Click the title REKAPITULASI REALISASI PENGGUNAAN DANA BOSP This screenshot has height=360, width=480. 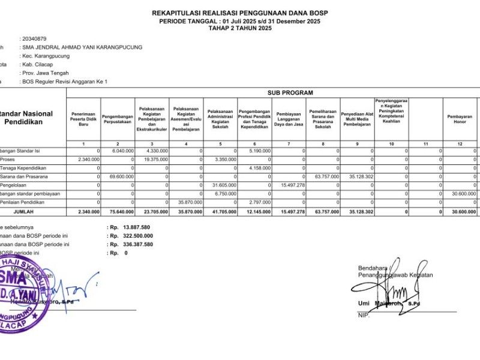click(240, 13)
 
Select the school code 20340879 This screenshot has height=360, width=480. click(34, 38)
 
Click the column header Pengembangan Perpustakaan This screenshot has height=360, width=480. click(118, 118)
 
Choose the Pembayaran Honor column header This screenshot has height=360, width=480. click(460, 118)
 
